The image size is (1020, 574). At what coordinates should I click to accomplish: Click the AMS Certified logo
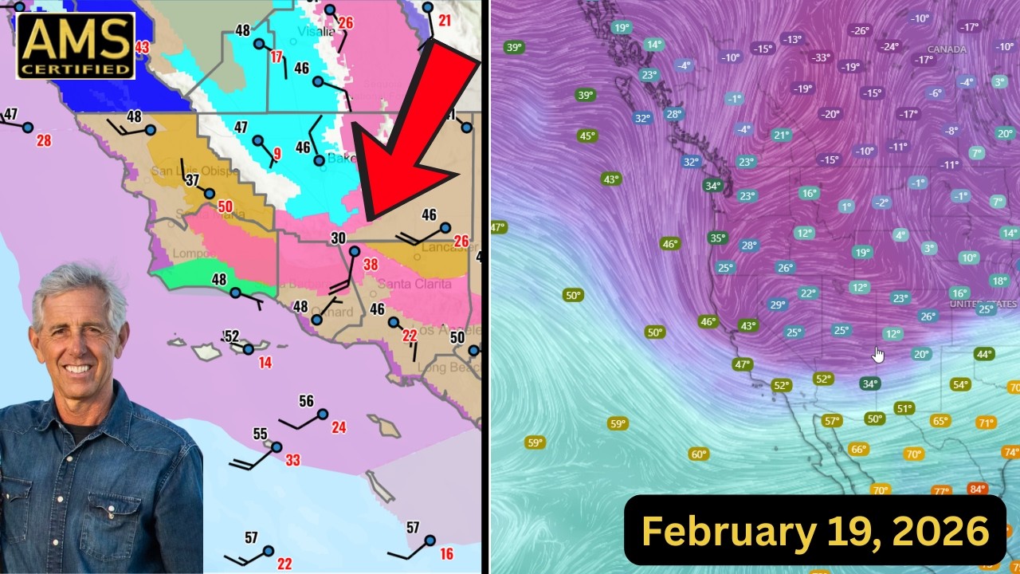point(75,45)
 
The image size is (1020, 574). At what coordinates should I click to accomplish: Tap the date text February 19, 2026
point(814,531)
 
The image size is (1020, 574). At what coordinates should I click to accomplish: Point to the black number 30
point(338,238)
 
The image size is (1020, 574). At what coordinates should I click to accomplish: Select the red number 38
point(371,265)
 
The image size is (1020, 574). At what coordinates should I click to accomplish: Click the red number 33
point(292,460)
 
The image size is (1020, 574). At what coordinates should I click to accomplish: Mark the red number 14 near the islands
point(265,363)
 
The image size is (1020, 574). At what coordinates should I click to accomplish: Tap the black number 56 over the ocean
point(306,401)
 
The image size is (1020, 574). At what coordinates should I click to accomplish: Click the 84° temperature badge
point(977,489)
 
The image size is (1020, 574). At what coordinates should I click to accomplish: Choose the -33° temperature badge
point(821,58)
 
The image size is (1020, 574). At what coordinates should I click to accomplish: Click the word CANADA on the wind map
point(947,49)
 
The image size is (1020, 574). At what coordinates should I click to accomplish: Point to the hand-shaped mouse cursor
point(877,354)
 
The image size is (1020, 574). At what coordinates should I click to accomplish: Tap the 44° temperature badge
point(984,354)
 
